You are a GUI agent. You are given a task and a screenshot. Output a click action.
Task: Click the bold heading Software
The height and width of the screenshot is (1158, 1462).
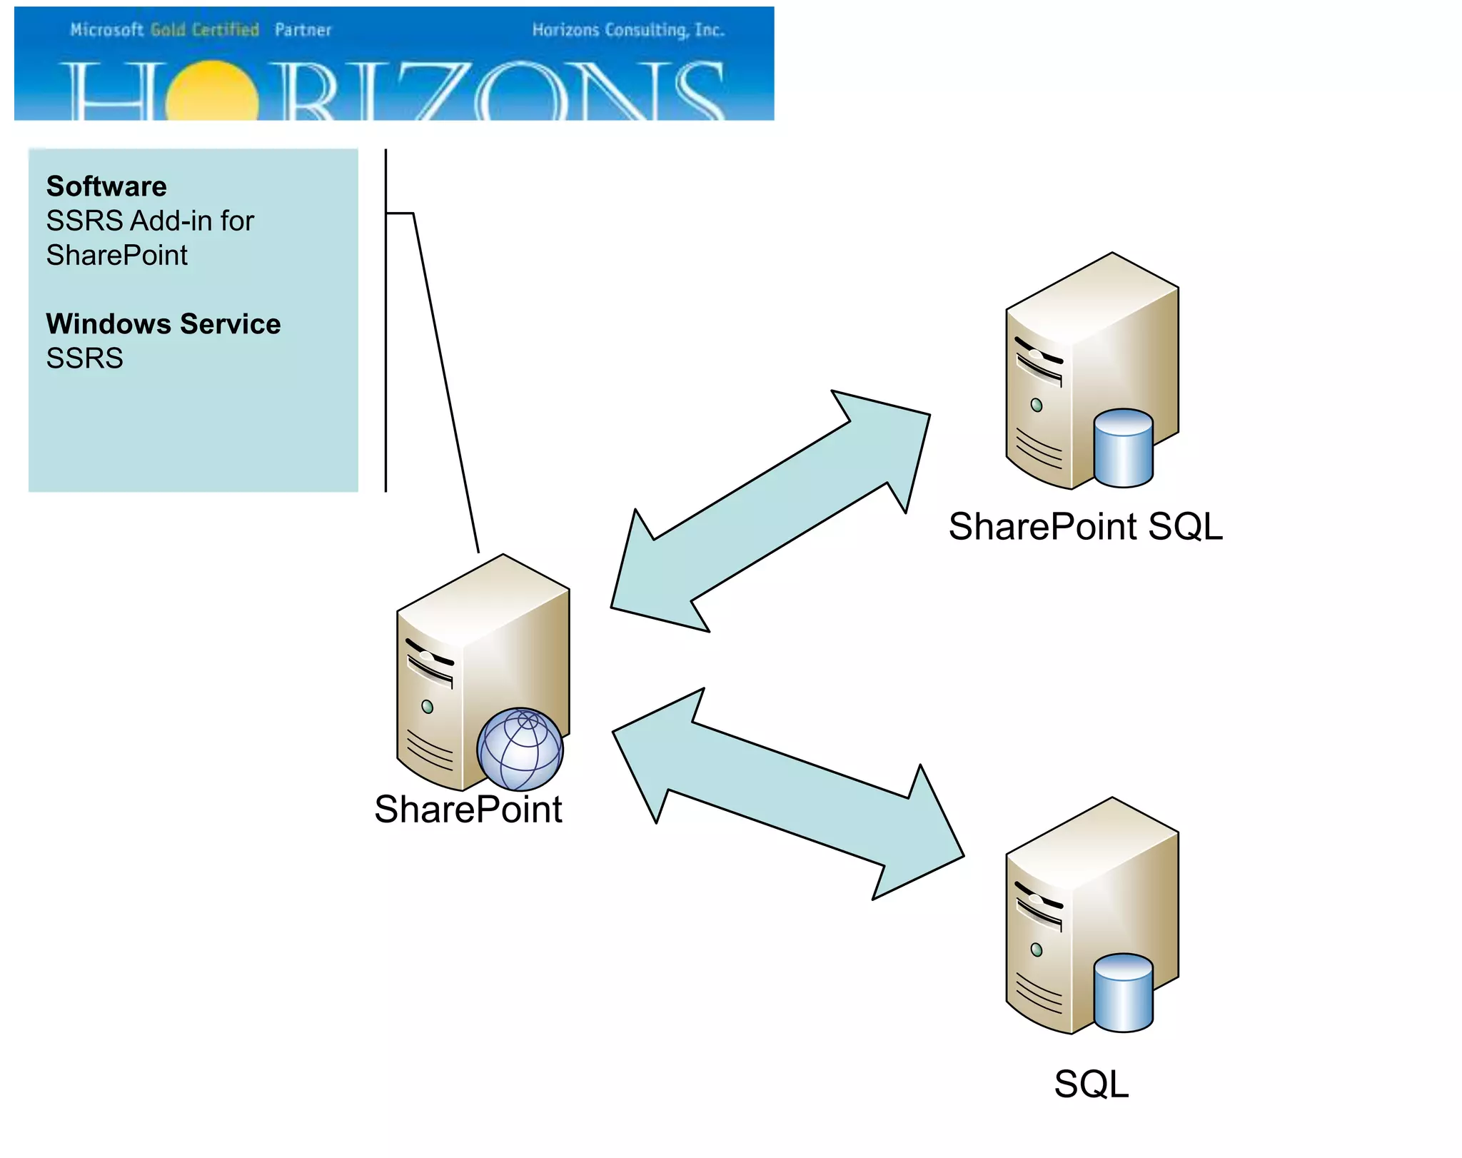[x=106, y=186]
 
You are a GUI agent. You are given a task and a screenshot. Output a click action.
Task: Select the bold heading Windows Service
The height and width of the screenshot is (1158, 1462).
[x=163, y=323]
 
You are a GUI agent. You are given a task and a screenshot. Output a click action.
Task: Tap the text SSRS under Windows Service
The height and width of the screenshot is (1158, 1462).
[x=84, y=358]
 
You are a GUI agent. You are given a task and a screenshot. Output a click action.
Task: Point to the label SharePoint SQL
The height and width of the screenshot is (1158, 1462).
[x=1085, y=526]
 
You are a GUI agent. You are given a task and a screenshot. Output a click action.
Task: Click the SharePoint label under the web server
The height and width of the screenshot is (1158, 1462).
[x=468, y=809]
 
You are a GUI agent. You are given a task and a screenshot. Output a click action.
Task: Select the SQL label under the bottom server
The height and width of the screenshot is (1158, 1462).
[x=1091, y=1084]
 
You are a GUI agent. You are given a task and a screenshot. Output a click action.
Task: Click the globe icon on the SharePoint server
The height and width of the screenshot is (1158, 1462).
[x=520, y=749]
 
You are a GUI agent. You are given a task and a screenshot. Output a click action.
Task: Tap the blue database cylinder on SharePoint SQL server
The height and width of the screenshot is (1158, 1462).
[x=1123, y=448]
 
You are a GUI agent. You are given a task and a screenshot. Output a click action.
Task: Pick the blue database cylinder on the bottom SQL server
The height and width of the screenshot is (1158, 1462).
[x=1123, y=992]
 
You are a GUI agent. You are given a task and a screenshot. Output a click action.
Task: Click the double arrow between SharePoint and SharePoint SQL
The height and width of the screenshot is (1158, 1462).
[x=770, y=511]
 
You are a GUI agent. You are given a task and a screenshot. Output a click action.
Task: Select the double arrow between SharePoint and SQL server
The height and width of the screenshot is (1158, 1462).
[x=788, y=793]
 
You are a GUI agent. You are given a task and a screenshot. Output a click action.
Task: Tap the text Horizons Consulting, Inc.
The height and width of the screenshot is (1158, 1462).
[x=628, y=30]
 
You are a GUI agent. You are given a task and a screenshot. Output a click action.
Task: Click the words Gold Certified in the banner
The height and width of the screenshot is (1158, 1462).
[x=205, y=30]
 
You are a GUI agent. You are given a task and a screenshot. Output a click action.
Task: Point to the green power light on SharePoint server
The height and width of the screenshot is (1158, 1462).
[x=427, y=707]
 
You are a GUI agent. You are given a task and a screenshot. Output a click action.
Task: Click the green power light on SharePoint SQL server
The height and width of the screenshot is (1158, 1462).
[x=1037, y=405]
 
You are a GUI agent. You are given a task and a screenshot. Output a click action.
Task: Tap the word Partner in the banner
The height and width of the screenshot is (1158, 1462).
[x=303, y=30]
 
